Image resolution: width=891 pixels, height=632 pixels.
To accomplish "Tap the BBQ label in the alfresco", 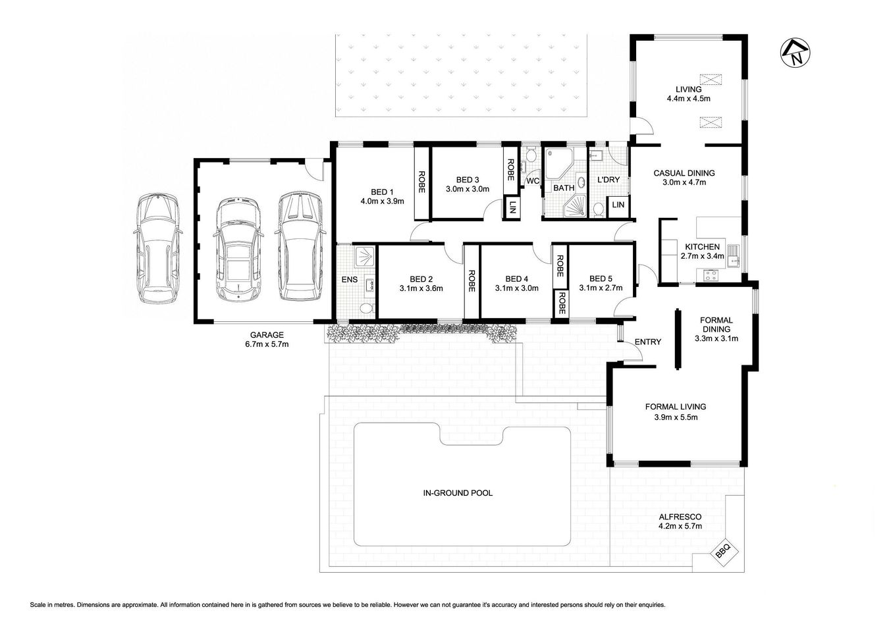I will pyautogui.click(x=723, y=554).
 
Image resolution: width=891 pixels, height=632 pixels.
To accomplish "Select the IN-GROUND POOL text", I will pyautogui.click(x=459, y=492).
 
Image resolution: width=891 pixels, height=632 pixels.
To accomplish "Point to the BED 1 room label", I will pyautogui.click(x=383, y=192).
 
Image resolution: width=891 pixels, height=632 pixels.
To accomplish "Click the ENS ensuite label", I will pyautogui.click(x=349, y=280).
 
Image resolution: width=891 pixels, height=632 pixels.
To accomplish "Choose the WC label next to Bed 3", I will pyautogui.click(x=532, y=181).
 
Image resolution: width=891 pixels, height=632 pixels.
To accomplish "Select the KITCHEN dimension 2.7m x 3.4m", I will pyautogui.click(x=701, y=256).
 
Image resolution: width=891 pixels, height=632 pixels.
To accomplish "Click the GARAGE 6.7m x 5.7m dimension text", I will pyautogui.click(x=267, y=344).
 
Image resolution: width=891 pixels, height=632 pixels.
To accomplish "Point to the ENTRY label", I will pyautogui.click(x=647, y=342).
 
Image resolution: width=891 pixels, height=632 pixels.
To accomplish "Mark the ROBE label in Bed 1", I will pyautogui.click(x=422, y=182).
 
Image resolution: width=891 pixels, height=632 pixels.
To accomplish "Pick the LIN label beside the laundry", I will pyautogui.click(x=618, y=205).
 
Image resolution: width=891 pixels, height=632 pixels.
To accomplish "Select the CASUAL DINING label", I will pyautogui.click(x=684, y=173).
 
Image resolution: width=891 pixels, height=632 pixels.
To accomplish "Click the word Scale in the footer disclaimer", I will pyautogui.click(x=38, y=604).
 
